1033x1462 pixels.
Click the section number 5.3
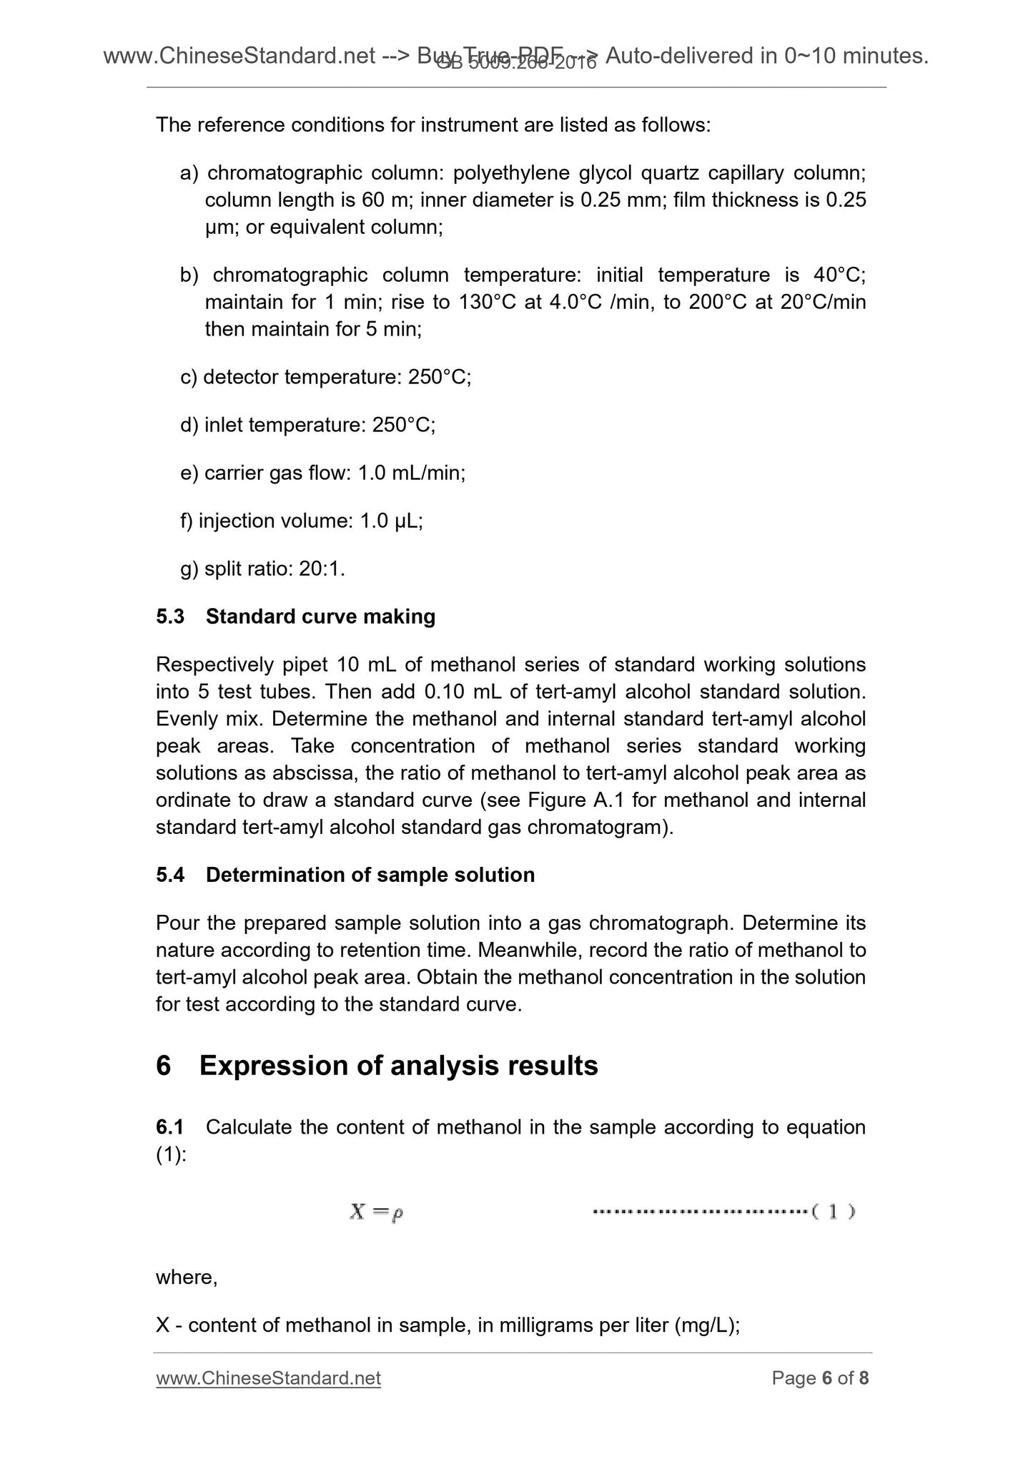coord(170,617)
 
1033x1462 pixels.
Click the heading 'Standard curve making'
coord(320,617)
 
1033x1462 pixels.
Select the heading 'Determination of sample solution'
coord(370,875)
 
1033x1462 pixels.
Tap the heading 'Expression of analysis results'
coord(398,1065)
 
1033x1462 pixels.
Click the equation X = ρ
coord(377,1212)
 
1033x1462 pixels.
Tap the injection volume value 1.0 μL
coord(391,521)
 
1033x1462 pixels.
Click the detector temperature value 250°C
coord(439,377)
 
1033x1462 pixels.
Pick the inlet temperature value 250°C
coord(403,426)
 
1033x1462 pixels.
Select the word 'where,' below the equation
coord(187,1277)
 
